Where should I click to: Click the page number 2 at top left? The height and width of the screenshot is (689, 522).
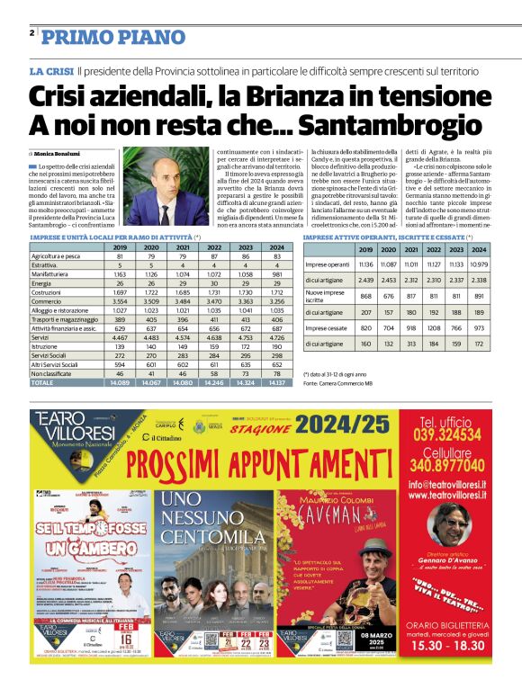click(x=31, y=33)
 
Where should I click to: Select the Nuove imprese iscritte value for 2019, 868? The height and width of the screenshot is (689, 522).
click(x=365, y=297)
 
